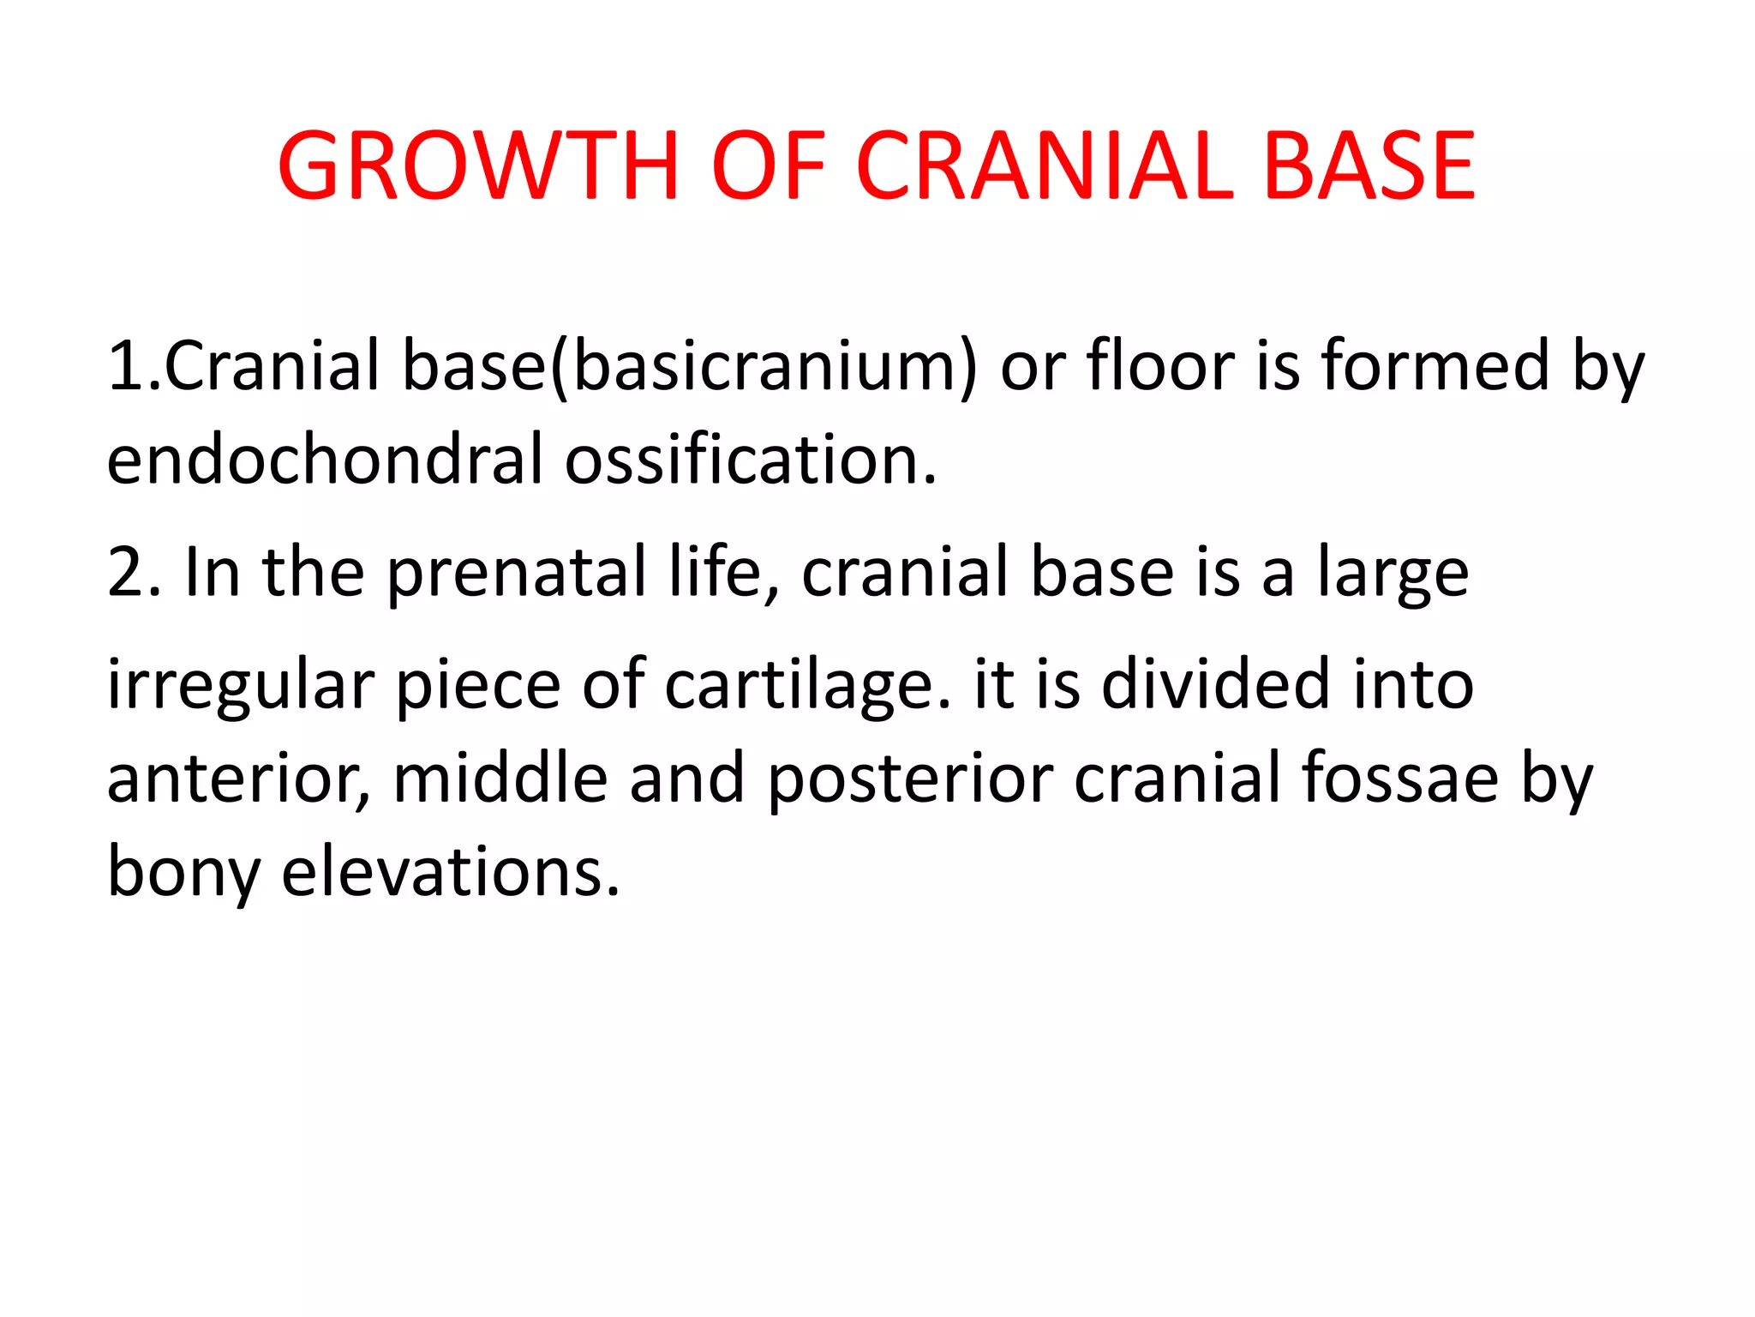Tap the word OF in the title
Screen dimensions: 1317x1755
coord(768,166)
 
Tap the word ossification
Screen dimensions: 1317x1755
coord(750,460)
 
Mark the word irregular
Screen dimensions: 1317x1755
coord(241,686)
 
